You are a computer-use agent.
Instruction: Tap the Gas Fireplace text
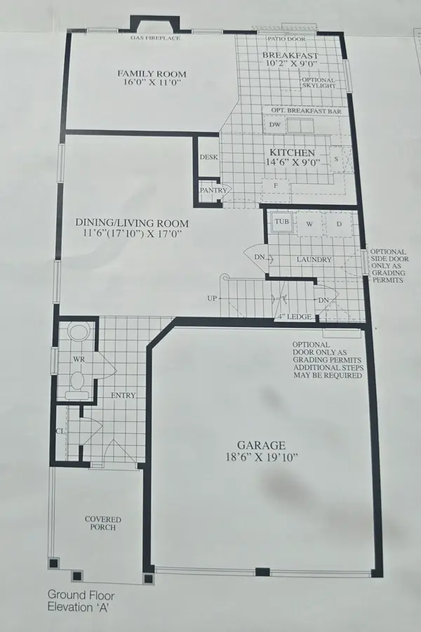(x=155, y=38)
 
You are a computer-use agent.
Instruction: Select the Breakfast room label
(x=290, y=56)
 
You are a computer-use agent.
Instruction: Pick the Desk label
(x=208, y=157)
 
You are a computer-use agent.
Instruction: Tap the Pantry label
(x=210, y=190)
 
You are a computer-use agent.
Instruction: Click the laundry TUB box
(x=281, y=222)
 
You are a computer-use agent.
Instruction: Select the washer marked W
(x=308, y=224)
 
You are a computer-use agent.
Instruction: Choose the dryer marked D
(x=338, y=224)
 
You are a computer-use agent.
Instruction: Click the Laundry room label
(x=313, y=260)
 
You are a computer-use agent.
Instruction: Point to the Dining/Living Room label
(x=132, y=224)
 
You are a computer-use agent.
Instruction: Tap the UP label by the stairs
(x=212, y=298)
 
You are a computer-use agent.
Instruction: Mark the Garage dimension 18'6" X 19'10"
(x=261, y=458)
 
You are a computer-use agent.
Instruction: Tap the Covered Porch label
(x=103, y=524)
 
